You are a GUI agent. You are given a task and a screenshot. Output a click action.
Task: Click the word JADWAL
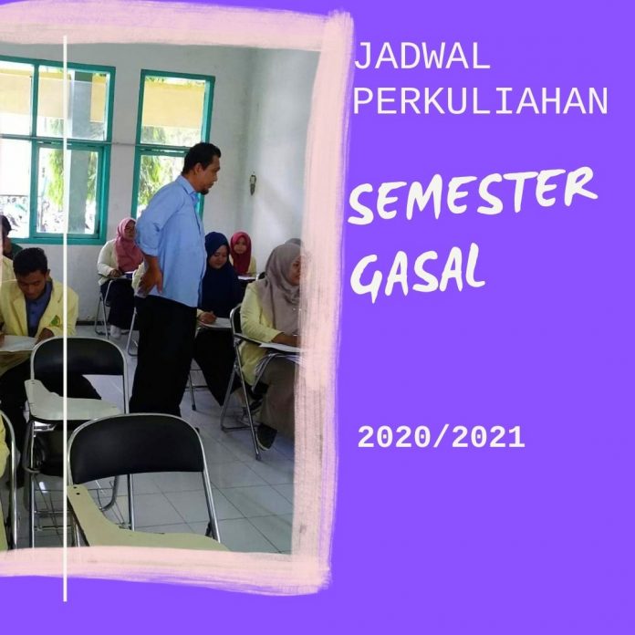(x=422, y=57)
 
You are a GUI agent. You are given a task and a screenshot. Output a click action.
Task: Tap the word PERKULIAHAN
(x=481, y=101)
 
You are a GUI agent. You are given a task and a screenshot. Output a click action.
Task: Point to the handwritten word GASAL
(x=417, y=270)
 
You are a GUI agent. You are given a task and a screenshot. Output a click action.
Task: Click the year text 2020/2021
(x=441, y=438)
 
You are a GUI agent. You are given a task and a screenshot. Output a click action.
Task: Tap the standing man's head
(x=203, y=167)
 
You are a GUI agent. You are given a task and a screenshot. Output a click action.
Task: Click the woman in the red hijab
(x=243, y=255)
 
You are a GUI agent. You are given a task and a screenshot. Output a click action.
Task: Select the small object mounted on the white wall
(x=253, y=183)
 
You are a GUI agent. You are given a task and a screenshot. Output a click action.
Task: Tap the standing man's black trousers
(x=164, y=357)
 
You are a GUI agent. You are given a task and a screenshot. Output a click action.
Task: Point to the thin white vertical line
(x=65, y=317)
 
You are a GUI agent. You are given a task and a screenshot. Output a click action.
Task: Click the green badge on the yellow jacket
(x=56, y=321)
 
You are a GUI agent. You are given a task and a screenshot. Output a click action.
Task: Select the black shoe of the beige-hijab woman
(x=266, y=436)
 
